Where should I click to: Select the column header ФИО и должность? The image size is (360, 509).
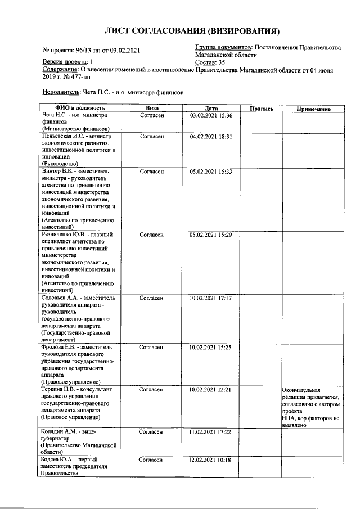coord(80,109)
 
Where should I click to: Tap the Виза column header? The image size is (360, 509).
coord(151,109)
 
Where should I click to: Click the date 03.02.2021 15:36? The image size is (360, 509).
coord(211,115)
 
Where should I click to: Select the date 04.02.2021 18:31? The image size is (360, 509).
coord(211,137)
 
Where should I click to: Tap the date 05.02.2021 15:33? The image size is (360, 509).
coord(211,171)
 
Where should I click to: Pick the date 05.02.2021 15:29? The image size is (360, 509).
coord(211,234)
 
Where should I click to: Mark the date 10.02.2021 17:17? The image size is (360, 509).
coord(211,297)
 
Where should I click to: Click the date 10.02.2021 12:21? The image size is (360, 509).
coord(211,389)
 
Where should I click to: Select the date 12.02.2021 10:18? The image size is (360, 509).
coord(211,460)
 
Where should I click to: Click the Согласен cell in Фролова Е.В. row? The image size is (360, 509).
coord(151,347)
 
